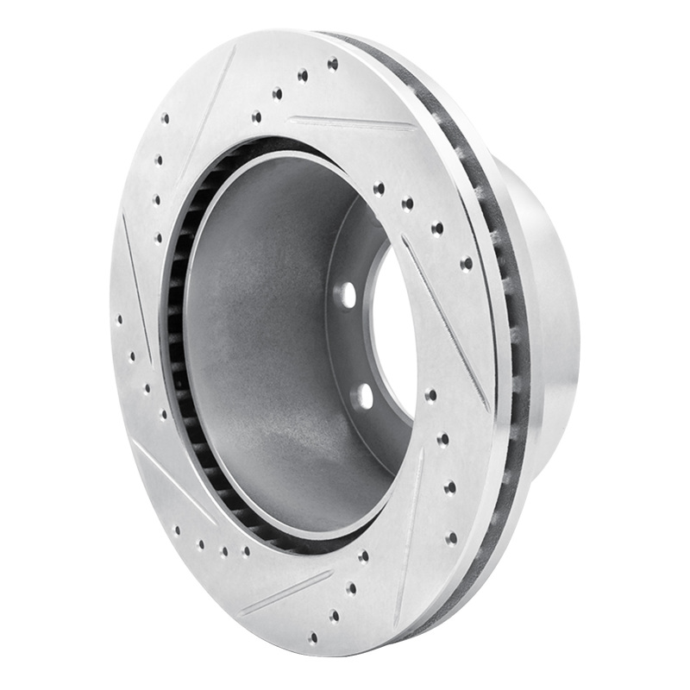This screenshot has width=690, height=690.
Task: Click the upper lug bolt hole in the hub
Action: pyautogui.click(x=346, y=294)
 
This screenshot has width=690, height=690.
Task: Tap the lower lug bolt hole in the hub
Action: pyautogui.click(x=363, y=396)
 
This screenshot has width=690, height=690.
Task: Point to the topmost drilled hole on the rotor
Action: pyautogui.click(x=332, y=63)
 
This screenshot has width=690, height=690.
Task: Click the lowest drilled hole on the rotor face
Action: pyautogui.click(x=312, y=638)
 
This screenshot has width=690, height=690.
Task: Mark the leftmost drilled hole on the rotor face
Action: pyautogui.click(x=119, y=319)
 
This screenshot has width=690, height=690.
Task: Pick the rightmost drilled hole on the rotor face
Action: pyautogui.click(x=467, y=263)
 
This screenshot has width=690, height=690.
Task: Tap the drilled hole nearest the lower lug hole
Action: pyautogui.click(x=430, y=395)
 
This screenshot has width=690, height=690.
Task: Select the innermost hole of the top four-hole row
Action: pyautogui.click(x=256, y=116)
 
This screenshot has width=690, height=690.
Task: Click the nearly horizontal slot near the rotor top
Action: pyautogui.click(x=349, y=122)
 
